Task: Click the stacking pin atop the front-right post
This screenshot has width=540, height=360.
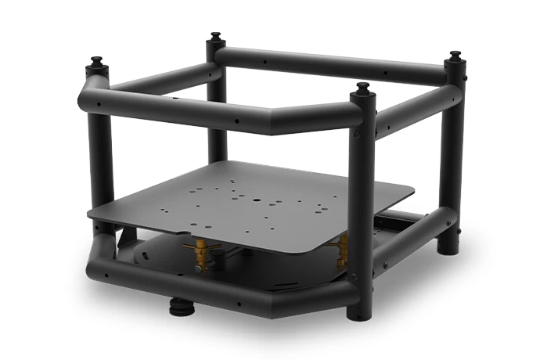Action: (x=361, y=88)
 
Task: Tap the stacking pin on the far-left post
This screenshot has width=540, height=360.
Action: (x=97, y=63)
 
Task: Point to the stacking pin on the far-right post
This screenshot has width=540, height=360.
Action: (x=455, y=59)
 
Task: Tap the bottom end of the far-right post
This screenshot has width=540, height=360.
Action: (x=449, y=249)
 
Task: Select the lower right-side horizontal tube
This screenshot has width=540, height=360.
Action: (x=407, y=243)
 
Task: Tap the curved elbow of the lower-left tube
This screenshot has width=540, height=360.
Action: (x=102, y=250)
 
